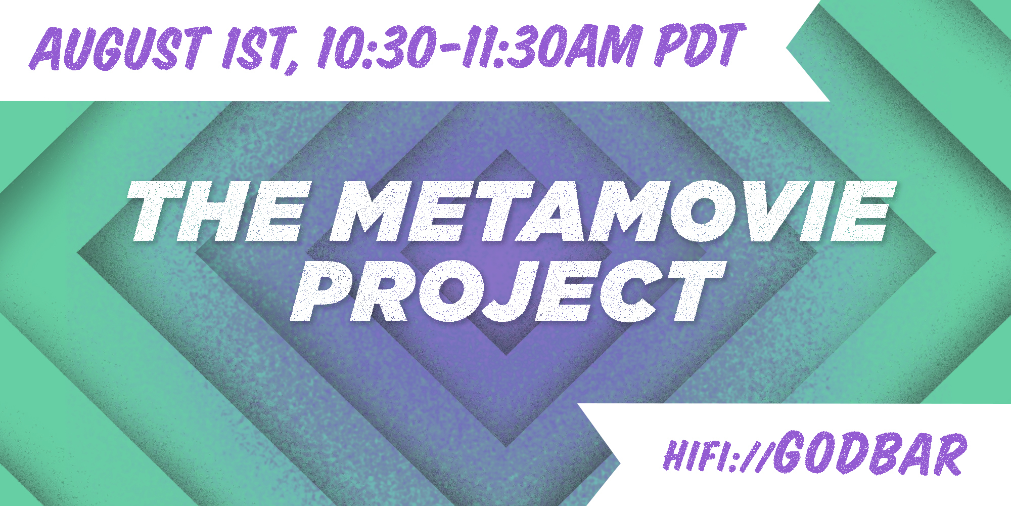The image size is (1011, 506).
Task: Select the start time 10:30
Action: coord(376,47)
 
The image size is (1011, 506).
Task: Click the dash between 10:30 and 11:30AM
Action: coord(448,48)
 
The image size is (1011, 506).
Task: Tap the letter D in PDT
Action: coord(700,45)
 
